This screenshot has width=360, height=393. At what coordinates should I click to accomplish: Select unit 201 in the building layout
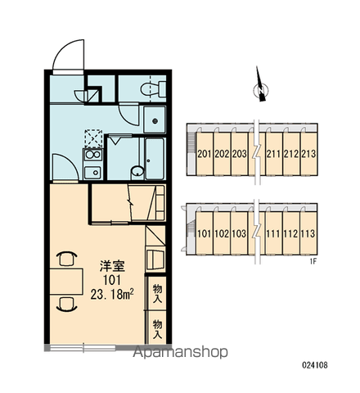205,154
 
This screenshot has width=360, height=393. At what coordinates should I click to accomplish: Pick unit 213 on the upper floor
308,154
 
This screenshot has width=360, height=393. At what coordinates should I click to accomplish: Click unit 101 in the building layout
205,233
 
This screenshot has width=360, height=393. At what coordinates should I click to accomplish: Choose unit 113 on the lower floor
308,233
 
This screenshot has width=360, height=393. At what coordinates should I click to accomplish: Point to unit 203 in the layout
239,154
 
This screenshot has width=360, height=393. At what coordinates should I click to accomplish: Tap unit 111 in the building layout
273,233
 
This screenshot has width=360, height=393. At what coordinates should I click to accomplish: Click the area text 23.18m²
112,294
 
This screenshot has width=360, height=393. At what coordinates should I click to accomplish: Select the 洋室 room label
112,266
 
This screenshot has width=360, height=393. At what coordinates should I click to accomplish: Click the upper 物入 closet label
157,293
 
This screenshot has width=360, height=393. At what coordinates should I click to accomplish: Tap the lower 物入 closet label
157,329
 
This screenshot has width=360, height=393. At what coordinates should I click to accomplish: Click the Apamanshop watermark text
180,352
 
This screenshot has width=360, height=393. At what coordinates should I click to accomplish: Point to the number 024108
315,365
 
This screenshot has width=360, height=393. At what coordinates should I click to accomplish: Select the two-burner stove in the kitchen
93,155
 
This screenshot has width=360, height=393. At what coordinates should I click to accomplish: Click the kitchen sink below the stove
92,173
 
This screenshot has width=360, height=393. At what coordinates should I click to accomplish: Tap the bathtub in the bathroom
155,159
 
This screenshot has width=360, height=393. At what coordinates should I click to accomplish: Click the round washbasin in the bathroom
137,172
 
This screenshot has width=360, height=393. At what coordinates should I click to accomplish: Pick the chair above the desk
67,258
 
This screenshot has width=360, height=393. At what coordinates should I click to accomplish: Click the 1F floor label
313,262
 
